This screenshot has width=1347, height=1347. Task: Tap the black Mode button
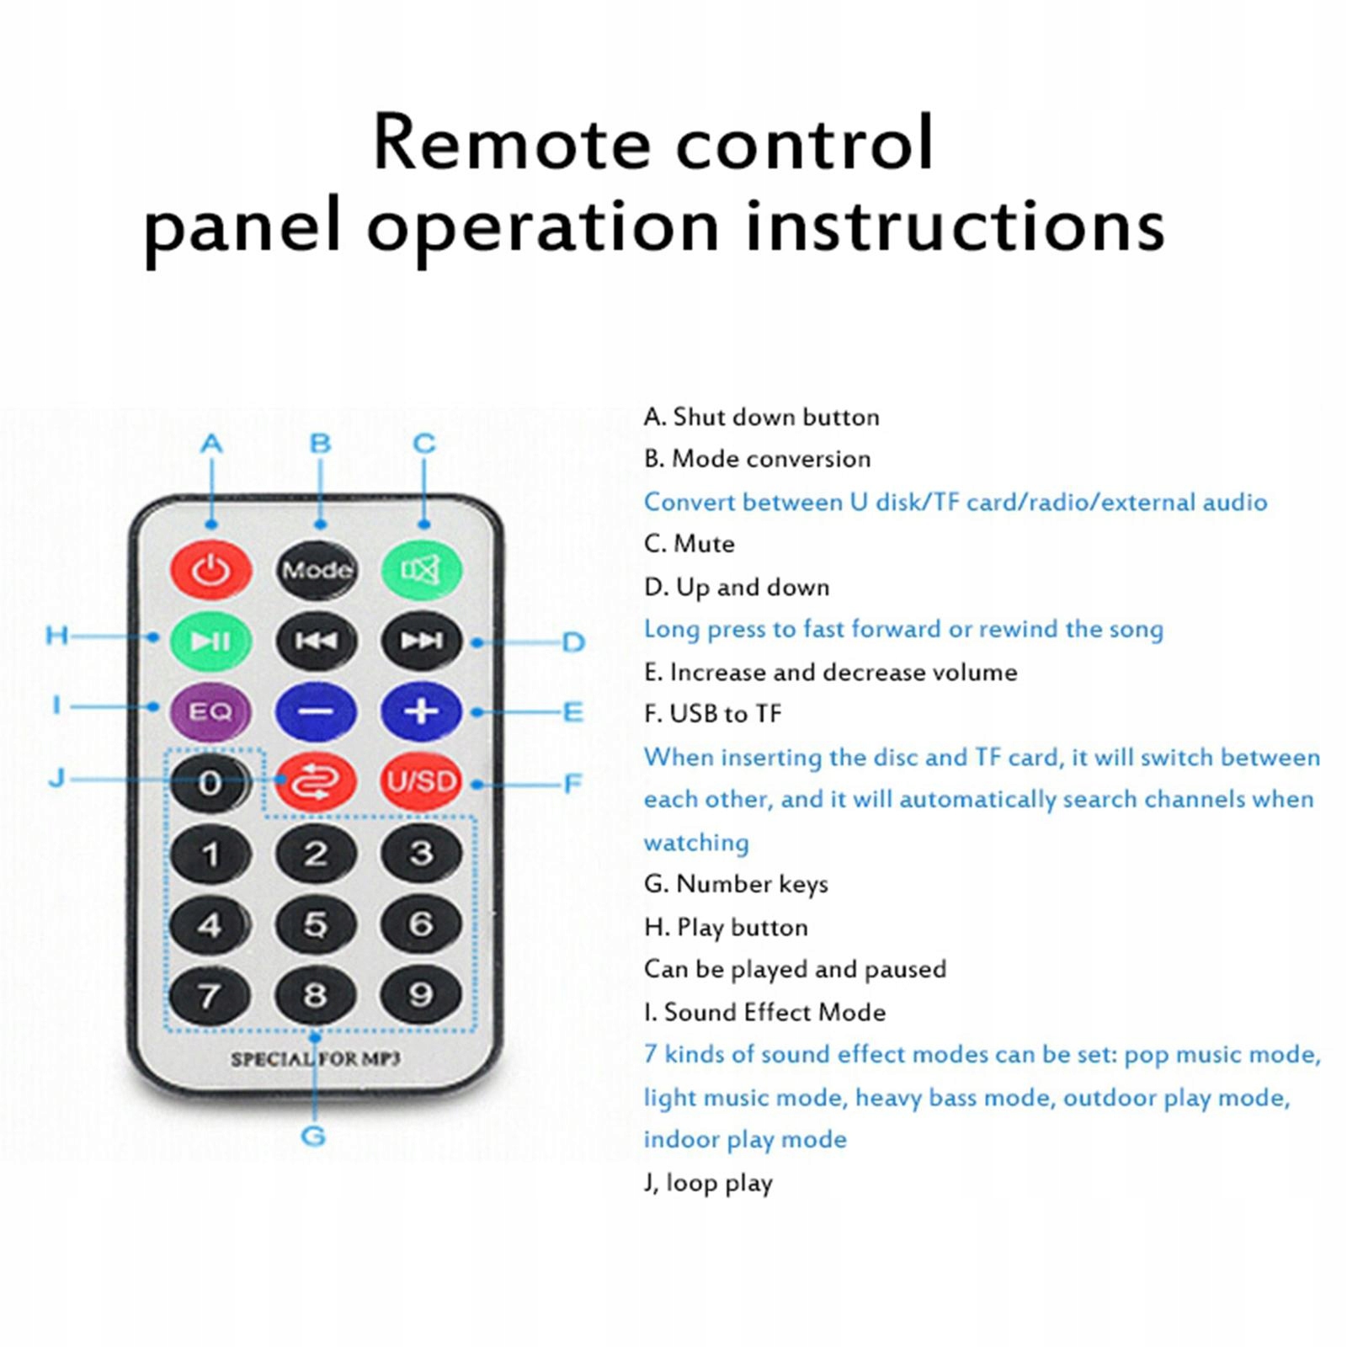click(x=317, y=570)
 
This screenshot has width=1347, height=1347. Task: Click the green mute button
click(x=421, y=570)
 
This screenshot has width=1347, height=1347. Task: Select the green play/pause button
click(x=210, y=642)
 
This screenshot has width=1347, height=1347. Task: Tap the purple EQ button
click(x=210, y=712)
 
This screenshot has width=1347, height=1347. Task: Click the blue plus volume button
click(x=421, y=712)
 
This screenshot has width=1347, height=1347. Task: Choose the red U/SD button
click(x=421, y=782)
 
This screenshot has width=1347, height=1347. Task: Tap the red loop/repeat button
click(x=317, y=782)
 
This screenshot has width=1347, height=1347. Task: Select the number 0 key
click(x=210, y=782)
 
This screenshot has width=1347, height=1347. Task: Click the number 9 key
click(x=421, y=995)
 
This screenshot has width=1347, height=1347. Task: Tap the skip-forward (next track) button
click(x=421, y=642)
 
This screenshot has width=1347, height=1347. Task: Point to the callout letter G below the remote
click(x=313, y=1136)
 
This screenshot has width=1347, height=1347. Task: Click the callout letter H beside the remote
click(x=57, y=635)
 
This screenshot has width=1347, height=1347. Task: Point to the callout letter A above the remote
click(x=211, y=444)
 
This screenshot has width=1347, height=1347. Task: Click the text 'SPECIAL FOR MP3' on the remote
click(x=316, y=1059)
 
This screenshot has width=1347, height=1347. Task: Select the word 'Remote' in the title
click(x=512, y=142)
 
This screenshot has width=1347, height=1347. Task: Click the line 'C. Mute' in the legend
click(x=689, y=544)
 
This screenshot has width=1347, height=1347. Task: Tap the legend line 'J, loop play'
click(x=708, y=1183)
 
